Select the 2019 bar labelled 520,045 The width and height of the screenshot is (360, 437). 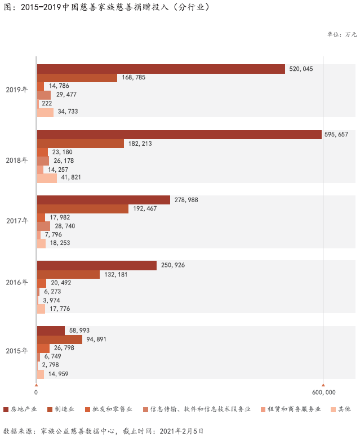(x=161, y=69)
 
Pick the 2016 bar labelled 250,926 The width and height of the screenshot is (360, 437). (x=96, y=265)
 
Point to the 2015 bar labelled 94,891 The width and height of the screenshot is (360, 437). (x=59, y=339)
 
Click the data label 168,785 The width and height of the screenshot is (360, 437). (x=133, y=77)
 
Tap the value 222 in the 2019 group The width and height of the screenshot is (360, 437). (x=47, y=103)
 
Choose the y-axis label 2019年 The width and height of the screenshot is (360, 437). (x=17, y=90)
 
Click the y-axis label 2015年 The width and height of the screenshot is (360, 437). (x=17, y=351)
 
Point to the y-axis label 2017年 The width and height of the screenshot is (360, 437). (x=17, y=221)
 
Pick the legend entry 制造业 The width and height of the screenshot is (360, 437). (x=65, y=409)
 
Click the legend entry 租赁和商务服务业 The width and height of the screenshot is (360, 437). (x=294, y=409)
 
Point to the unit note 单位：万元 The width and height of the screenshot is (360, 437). (x=342, y=34)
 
